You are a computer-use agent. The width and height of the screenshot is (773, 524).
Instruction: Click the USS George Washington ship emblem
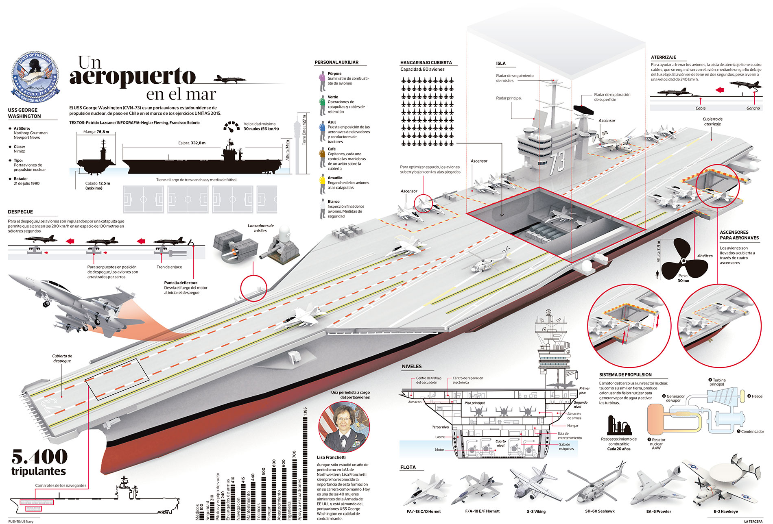tap(35, 78)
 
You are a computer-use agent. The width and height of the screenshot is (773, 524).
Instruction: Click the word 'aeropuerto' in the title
tap(133, 76)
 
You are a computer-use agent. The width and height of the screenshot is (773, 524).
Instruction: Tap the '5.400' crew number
tap(39, 457)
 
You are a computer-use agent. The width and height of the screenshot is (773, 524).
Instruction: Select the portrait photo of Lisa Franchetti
tap(344, 427)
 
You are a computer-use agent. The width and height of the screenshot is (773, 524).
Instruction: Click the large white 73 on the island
tap(557, 162)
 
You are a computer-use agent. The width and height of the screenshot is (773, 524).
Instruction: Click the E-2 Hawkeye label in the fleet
tap(725, 511)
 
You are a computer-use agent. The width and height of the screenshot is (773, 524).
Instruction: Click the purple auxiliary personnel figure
tap(321, 81)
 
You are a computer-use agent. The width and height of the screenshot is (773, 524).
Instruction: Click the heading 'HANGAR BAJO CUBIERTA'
tap(426, 63)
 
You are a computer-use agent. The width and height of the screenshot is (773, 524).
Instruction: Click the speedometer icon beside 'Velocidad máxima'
tap(231, 126)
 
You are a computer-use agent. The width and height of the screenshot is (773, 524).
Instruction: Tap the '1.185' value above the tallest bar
tap(305, 411)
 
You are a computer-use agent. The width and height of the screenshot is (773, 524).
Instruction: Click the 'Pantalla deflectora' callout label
tap(181, 283)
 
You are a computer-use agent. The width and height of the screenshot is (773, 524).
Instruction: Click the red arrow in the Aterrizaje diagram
tap(719, 90)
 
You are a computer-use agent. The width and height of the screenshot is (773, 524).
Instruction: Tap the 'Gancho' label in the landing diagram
tap(753, 108)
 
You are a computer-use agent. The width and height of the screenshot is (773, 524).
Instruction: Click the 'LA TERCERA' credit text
tap(753, 521)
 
